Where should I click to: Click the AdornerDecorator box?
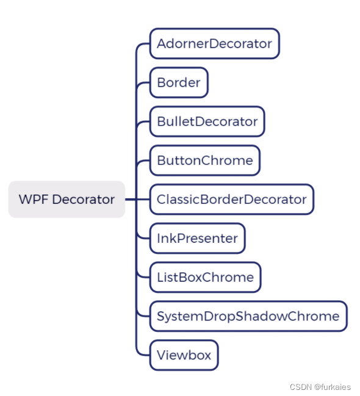pyautogui.click(x=214, y=44)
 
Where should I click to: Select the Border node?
pyautogui.click(x=179, y=83)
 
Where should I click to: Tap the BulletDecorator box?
pyautogui.click(x=207, y=121)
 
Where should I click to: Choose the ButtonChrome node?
pyautogui.click(x=204, y=160)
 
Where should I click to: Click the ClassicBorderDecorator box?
pyautogui.click(x=231, y=200)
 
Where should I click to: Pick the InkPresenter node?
pyautogui.click(x=197, y=239)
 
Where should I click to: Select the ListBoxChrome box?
pyautogui.click(x=205, y=278)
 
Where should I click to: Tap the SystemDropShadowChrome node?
pyautogui.click(x=248, y=316)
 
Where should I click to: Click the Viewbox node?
pyautogui.click(x=184, y=355)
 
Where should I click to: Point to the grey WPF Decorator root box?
pyautogui.click(x=67, y=200)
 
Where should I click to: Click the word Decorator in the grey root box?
pyautogui.click(x=84, y=200)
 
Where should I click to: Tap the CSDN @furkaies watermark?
pyautogui.click(x=320, y=387)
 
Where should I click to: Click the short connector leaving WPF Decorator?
pyautogui.click(x=130, y=200)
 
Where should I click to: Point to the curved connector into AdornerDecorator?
pyautogui.click(x=140, y=46)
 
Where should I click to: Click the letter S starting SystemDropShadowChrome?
pyautogui.click(x=160, y=316)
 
